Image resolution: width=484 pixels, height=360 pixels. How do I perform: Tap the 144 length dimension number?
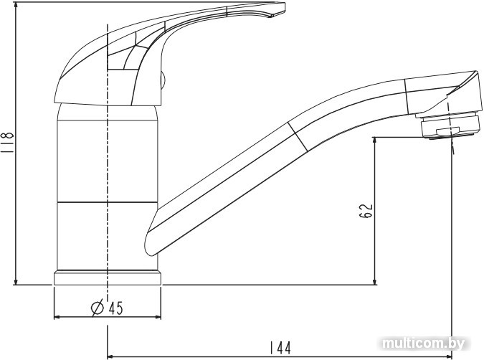279,349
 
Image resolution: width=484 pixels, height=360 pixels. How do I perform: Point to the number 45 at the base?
115,308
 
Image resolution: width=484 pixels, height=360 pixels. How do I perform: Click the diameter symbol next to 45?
98,308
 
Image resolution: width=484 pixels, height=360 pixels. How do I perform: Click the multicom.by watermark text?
434,343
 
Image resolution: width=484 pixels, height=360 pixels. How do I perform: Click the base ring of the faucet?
107,278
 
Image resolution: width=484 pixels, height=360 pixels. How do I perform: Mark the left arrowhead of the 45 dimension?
57,317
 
